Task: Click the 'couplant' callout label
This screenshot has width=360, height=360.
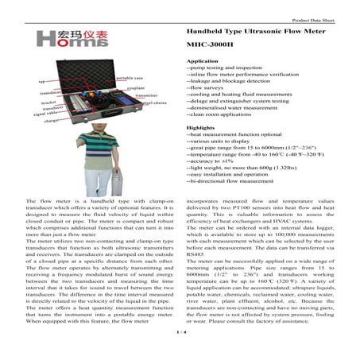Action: pos(135,89)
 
